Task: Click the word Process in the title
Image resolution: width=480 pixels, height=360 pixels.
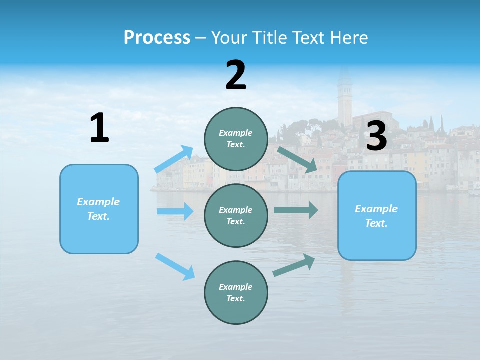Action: click(157, 37)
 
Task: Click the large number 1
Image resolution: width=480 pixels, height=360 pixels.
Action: click(99, 128)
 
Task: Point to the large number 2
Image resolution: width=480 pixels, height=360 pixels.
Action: click(236, 75)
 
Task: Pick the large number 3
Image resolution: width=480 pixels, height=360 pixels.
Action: click(376, 136)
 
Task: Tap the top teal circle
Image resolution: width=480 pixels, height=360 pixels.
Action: click(236, 139)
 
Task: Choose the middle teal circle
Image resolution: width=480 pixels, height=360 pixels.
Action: click(236, 215)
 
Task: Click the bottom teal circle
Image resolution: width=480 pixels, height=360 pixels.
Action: click(236, 292)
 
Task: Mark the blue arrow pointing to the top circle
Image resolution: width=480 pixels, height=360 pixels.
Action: click(174, 159)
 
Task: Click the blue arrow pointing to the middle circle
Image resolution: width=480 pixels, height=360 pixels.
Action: click(175, 211)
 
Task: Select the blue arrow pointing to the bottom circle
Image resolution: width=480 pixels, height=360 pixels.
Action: click(175, 266)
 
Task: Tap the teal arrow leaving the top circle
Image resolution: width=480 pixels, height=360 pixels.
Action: click(297, 159)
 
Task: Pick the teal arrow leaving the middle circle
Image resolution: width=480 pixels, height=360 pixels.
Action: click(296, 210)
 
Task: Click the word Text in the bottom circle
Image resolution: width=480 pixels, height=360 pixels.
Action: click(235, 298)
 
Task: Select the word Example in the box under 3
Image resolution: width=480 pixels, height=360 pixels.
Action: click(376, 209)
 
